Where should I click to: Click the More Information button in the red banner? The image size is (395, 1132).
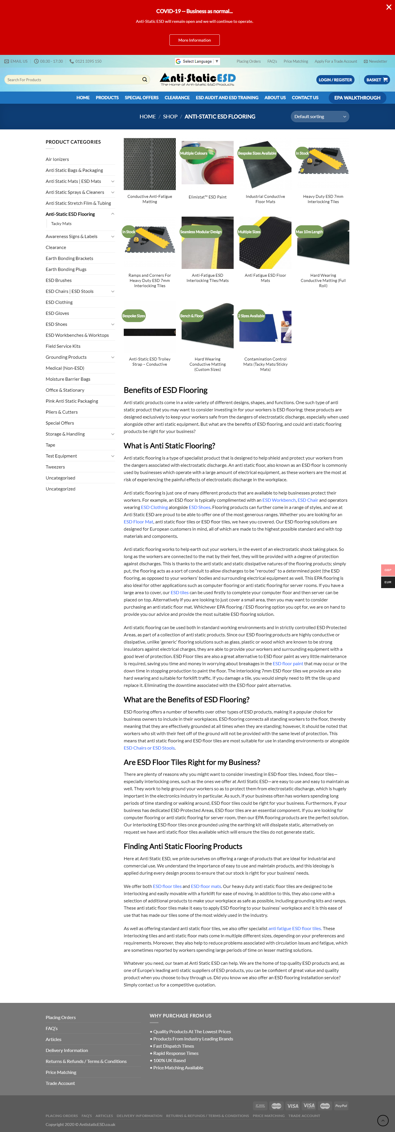click(x=194, y=40)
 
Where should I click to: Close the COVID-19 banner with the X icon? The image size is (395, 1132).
click(x=388, y=7)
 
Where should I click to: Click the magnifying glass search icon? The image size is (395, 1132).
click(x=144, y=79)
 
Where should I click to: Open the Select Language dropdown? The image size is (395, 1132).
click(x=197, y=62)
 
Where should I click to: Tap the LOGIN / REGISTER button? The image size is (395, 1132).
click(x=335, y=79)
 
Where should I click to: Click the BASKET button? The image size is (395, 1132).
click(x=376, y=79)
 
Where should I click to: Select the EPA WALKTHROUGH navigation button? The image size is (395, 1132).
click(x=357, y=98)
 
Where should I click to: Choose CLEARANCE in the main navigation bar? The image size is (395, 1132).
click(x=177, y=98)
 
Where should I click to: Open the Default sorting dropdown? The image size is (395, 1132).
click(x=320, y=116)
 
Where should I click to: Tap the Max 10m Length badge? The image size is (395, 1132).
click(x=309, y=232)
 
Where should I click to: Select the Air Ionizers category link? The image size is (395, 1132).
click(x=57, y=159)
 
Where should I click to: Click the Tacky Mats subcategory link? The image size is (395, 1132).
click(x=61, y=224)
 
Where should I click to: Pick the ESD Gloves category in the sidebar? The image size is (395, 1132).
click(x=57, y=313)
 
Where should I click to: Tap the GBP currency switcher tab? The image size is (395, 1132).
click(x=387, y=570)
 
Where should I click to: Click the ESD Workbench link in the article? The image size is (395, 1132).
click(x=279, y=500)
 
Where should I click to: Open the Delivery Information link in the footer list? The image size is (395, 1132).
click(x=67, y=1050)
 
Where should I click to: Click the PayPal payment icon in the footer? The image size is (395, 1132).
click(x=341, y=1106)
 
